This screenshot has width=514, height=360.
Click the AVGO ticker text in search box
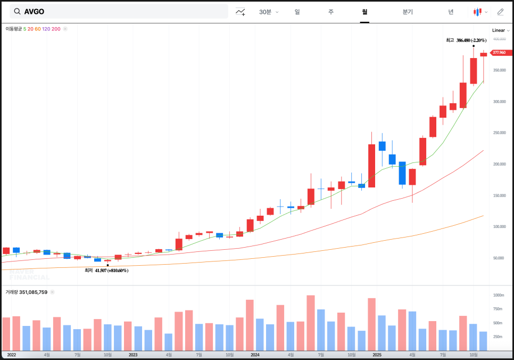coord(34,12)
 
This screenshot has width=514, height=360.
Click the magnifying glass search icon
coord(17,12)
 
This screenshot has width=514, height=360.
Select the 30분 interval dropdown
coord(268,12)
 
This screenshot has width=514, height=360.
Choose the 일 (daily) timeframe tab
coord(297,12)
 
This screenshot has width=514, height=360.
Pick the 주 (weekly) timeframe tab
coord(331,12)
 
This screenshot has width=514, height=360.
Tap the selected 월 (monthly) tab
coord(364,12)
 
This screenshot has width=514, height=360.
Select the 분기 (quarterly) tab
coord(408,12)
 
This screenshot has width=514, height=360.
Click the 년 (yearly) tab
coord(451,12)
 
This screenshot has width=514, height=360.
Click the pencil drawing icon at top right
coord(500,12)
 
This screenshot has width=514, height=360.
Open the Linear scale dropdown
coord(501,30)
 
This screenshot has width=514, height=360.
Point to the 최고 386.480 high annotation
coord(466,40)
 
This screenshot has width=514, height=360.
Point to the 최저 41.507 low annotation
coord(106,271)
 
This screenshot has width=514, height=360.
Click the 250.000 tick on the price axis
coord(499,133)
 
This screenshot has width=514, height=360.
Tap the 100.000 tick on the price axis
coord(499,227)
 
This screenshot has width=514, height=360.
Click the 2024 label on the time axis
coord(255,354)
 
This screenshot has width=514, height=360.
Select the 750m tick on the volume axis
coord(498,309)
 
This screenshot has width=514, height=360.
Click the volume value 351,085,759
coord(34,292)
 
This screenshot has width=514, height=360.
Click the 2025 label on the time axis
coord(377,354)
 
